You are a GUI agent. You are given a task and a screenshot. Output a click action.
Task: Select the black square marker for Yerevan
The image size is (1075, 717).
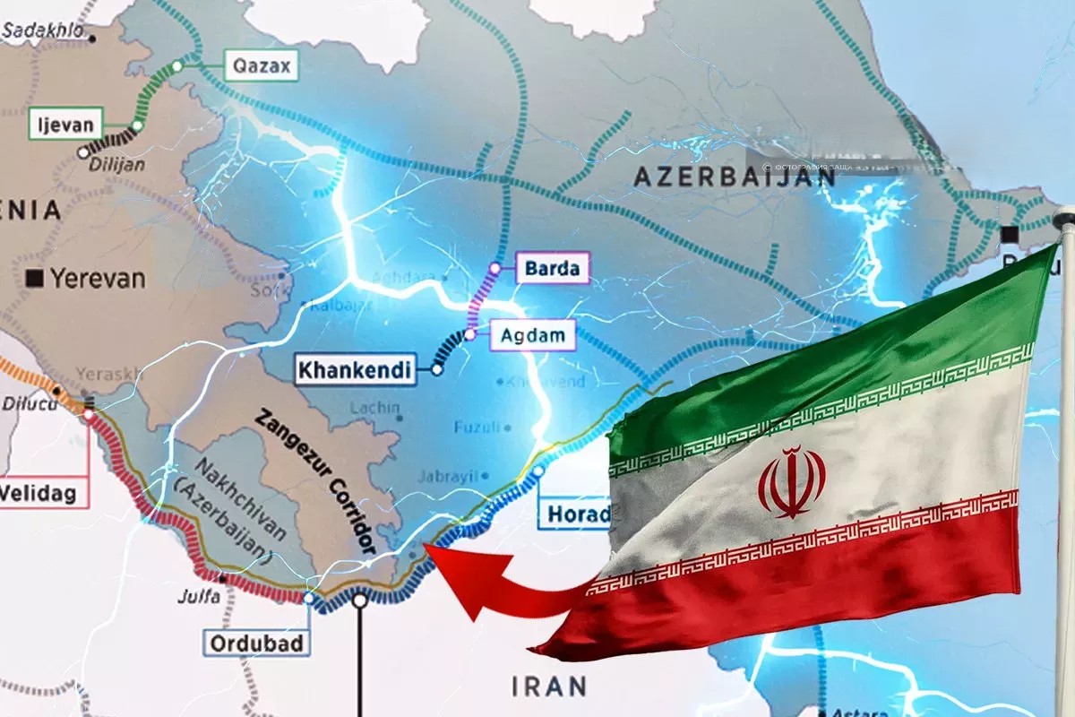pyautogui.click(x=36, y=278)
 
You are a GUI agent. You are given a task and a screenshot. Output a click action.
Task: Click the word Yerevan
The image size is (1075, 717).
pyautogui.click(x=98, y=278)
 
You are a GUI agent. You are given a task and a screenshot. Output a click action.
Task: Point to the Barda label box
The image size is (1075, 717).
pyautogui.click(x=552, y=268)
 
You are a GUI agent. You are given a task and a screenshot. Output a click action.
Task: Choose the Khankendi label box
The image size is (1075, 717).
pyautogui.click(x=355, y=369)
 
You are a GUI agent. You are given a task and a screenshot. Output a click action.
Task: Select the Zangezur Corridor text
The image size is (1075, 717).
pyautogui.click(x=314, y=480)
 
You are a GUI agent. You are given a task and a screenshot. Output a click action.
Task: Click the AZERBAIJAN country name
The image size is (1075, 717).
pyautogui.click(x=735, y=176)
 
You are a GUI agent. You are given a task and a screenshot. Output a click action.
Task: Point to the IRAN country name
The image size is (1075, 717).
pyautogui.click(x=549, y=687)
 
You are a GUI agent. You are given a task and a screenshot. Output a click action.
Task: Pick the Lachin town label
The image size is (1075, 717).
pyautogui.click(x=374, y=408)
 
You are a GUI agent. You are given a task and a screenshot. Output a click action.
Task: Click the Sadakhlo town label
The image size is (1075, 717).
pyautogui.click(x=45, y=30)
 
